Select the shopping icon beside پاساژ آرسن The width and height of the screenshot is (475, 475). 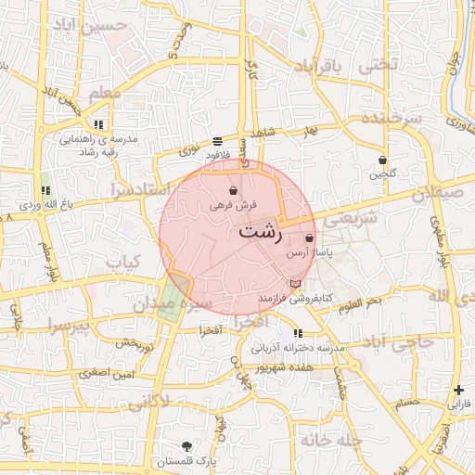point(309,238)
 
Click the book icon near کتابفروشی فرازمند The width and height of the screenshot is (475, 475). point(295,283)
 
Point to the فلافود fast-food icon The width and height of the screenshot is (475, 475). point(217,142)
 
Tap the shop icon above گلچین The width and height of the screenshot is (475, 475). point(382,160)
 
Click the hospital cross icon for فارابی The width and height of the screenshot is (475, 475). point(458,391)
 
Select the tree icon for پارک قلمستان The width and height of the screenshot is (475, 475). point(187,446)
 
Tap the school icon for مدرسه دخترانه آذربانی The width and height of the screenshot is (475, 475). point(297,333)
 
